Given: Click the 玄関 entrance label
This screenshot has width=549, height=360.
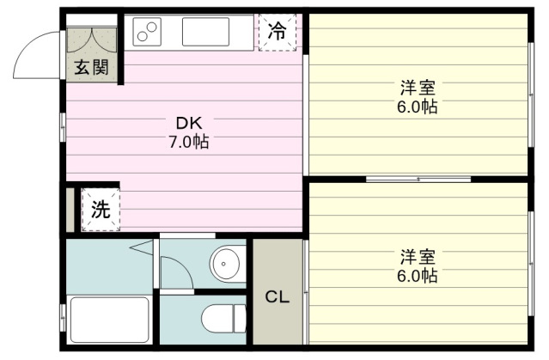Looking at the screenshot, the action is point(91,67).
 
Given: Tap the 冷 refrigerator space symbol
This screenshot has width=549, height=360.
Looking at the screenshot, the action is point(278,32).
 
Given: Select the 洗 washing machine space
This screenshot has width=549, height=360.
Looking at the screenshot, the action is point(101,210).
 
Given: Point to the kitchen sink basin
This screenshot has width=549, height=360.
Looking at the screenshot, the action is point(205,32).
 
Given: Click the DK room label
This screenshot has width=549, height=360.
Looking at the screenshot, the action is point(189,123).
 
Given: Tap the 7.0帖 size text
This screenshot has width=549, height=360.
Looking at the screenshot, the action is point(189,142).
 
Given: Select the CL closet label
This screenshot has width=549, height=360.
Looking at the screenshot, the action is point(278,297).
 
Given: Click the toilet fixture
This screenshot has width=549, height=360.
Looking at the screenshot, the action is point(223,318).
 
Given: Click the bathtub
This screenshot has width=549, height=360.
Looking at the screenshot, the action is point(109,319).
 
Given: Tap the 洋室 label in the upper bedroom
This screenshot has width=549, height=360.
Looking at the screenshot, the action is point(418,88).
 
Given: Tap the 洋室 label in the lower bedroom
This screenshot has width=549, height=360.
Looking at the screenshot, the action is point(418,257).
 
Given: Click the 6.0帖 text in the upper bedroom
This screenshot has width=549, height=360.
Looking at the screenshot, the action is point(418,107).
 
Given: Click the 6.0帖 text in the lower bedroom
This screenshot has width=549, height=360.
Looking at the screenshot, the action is point(418,276).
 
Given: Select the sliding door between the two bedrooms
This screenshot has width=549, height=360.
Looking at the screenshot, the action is point(418,180).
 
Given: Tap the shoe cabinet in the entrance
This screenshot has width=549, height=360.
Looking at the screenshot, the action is point(92,40).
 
